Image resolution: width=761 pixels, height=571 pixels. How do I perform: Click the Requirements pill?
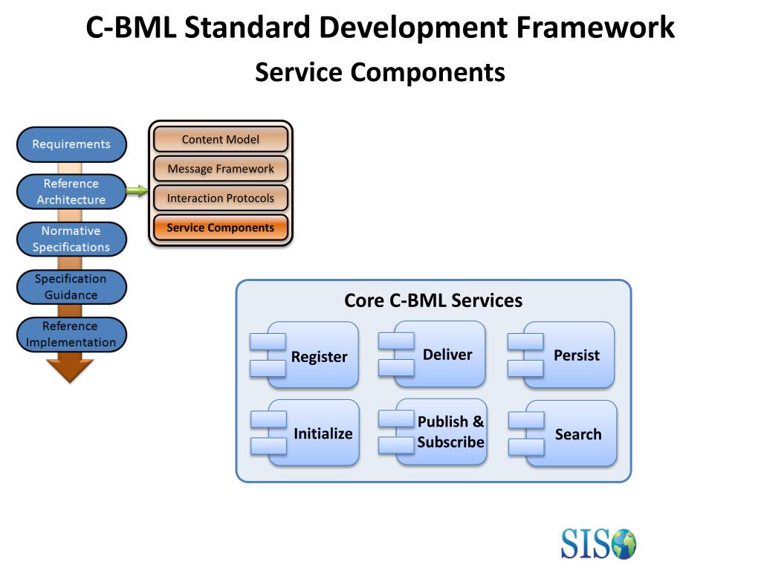pyautogui.click(x=72, y=144)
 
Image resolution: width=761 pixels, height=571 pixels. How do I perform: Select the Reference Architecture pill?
pyautogui.click(x=72, y=192)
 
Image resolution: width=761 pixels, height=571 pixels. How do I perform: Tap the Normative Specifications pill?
pyautogui.click(x=72, y=239)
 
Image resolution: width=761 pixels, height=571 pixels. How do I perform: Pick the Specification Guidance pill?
pyautogui.click(x=72, y=287)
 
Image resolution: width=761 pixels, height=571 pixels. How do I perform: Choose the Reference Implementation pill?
pyautogui.click(x=72, y=335)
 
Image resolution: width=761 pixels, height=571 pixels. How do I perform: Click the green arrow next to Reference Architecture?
pyautogui.click(x=137, y=191)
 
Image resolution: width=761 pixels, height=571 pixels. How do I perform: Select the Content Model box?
pyautogui.click(x=221, y=139)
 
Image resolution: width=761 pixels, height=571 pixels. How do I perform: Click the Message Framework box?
pyautogui.click(x=221, y=169)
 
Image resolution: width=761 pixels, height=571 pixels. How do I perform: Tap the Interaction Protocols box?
pyautogui.click(x=221, y=198)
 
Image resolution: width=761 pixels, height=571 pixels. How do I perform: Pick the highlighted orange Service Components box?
pyautogui.click(x=221, y=228)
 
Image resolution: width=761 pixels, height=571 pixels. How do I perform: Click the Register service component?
pyautogui.click(x=304, y=355)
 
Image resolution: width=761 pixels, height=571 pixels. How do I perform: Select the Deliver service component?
pyautogui.click(x=432, y=355)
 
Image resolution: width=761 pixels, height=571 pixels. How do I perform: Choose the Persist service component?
pyautogui.click(x=561, y=355)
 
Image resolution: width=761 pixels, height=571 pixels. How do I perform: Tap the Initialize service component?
pyautogui.click(x=305, y=433)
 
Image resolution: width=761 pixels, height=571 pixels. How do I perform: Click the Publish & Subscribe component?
pyautogui.click(x=433, y=432)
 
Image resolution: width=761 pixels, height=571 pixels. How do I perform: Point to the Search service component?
pyautogui.click(x=563, y=433)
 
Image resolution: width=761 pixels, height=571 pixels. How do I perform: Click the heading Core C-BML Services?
pyautogui.click(x=433, y=300)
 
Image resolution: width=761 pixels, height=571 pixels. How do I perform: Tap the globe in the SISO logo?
pyautogui.click(x=624, y=543)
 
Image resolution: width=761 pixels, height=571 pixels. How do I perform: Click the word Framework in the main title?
pyautogui.click(x=595, y=28)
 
